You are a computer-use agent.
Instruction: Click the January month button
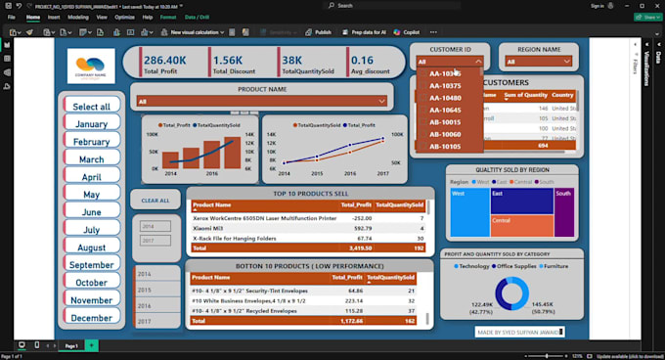click(x=91, y=124)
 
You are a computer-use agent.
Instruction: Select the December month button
click(x=91, y=318)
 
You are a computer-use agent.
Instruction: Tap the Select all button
click(x=91, y=106)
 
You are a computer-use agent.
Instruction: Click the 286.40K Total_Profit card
click(x=171, y=64)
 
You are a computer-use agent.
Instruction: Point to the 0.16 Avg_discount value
click(x=370, y=60)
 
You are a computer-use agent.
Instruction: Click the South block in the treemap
click(x=564, y=208)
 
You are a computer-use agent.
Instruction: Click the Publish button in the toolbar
click(x=319, y=32)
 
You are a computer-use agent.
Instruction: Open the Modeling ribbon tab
click(x=78, y=18)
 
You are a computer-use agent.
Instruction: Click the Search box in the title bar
click(x=381, y=5)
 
